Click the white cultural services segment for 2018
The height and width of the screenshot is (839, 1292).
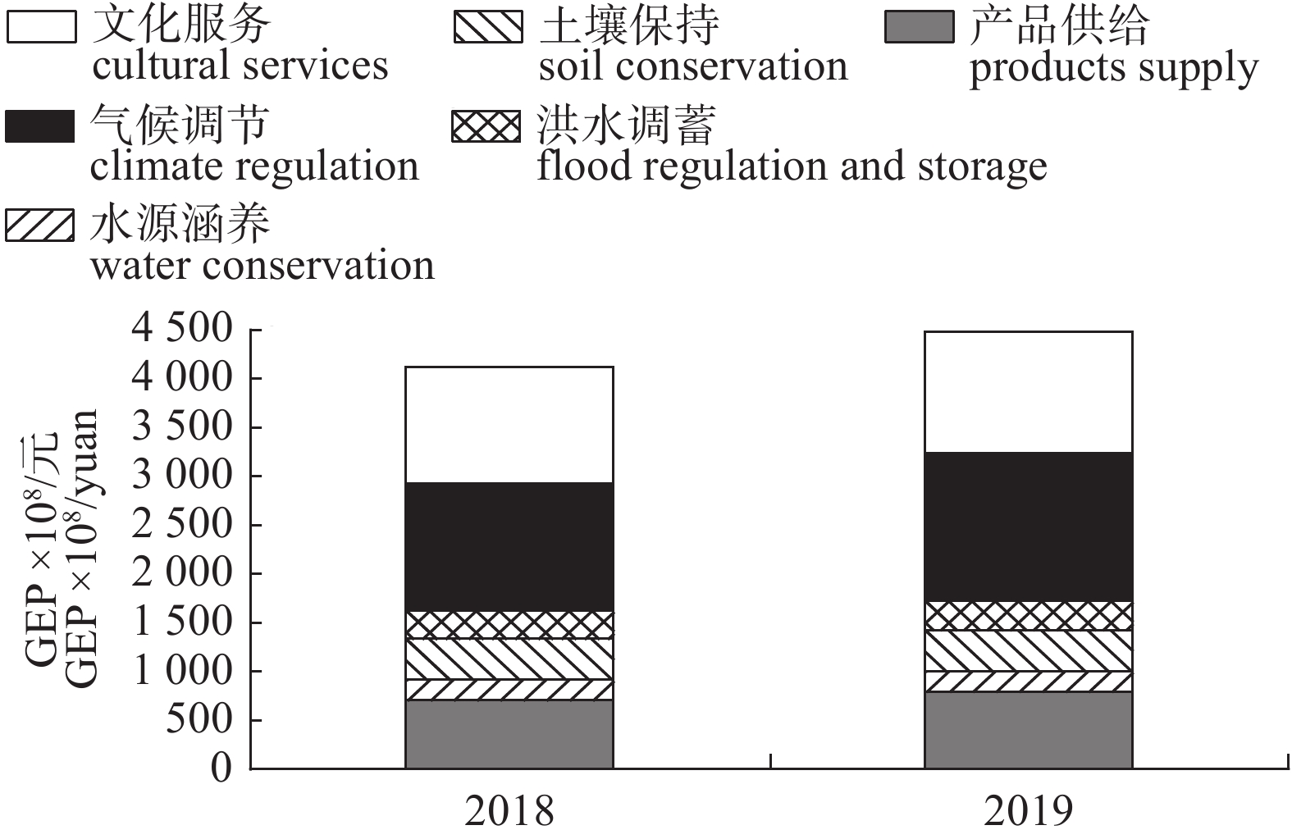coord(509,424)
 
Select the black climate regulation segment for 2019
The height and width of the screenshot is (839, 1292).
coord(1028,527)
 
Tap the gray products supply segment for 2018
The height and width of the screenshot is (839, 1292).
coord(509,734)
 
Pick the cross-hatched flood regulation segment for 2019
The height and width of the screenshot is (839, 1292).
coord(1028,615)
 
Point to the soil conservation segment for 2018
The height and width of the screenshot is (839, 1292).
coord(509,659)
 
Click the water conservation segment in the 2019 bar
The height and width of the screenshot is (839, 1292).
coord(1028,682)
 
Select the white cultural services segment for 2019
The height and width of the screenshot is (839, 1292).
coord(1028,391)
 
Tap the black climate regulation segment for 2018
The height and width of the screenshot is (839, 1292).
coord(509,546)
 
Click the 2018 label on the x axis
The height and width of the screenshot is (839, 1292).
coord(509,811)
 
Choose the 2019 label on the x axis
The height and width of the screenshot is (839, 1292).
coord(1028,811)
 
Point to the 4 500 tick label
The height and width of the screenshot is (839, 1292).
coord(182,329)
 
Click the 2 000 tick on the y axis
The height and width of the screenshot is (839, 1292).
coord(182,573)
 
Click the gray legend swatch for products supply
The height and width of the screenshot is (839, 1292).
coord(919,27)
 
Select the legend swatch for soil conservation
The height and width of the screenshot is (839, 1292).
coord(487,27)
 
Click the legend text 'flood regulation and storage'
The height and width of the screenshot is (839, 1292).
coord(792,166)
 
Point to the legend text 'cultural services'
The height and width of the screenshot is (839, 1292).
coord(240,66)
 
